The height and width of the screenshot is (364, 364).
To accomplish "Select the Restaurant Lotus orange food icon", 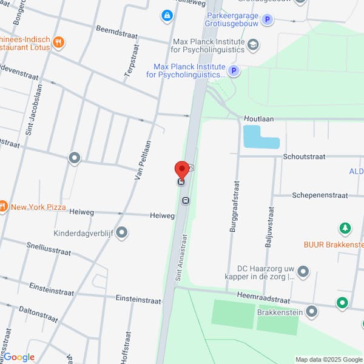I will pyautogui.click(x=59, y=42).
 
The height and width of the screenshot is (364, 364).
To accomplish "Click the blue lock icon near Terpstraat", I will pyautogui.click(x=166, y=15).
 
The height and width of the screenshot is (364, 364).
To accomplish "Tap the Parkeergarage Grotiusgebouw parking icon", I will pyautogui.click(x=268, y=20).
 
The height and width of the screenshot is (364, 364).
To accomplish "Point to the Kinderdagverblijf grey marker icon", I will pyautogui.click(x=122, y=232).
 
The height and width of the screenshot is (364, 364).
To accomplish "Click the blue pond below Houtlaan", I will pyautogui.click(x=260, y=137).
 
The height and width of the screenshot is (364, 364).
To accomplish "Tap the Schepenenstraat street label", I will pyautogui.click(x=320, y=195).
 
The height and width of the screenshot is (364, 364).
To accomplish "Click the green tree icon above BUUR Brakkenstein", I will pyautogui.click(x=345, y=228).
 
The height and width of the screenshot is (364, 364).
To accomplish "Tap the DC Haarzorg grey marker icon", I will pyautogui.click(x=303, y=271).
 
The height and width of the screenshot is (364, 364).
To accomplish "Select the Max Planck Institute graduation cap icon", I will pyautogui.click(x=253, y=44).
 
